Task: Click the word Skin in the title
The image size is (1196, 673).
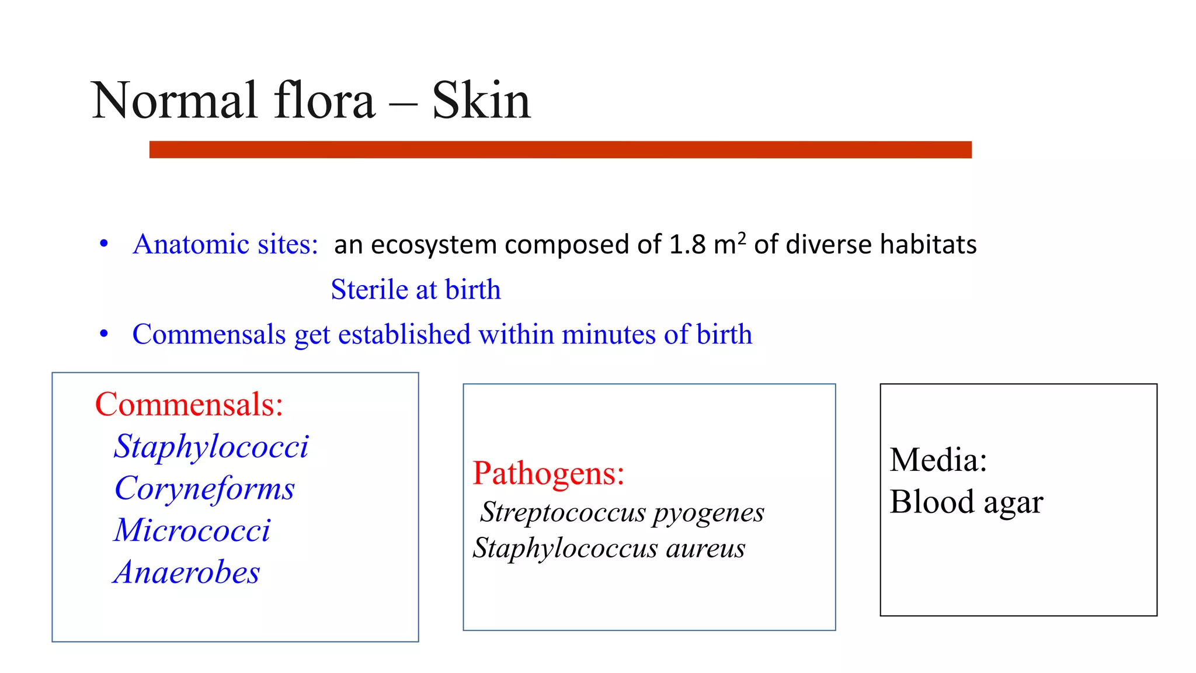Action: click(481, 100)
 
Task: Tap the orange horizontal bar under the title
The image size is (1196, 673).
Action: click(560, 150)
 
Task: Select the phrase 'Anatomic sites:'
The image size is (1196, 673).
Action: click(225, 244)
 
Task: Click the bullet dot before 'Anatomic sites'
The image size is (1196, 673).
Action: click(104, 244)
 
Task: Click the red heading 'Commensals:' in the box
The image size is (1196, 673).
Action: click(189, 404)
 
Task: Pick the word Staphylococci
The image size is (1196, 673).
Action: click(211, 447)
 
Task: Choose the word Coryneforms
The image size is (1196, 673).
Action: click(204, 488)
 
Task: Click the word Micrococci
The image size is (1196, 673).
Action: click(192, 530)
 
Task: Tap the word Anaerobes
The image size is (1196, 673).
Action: click(187, 573)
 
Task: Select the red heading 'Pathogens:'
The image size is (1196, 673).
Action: click(548, 473)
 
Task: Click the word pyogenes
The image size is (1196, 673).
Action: click(708, 513)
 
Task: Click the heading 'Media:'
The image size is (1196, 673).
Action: click(938, 460)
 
